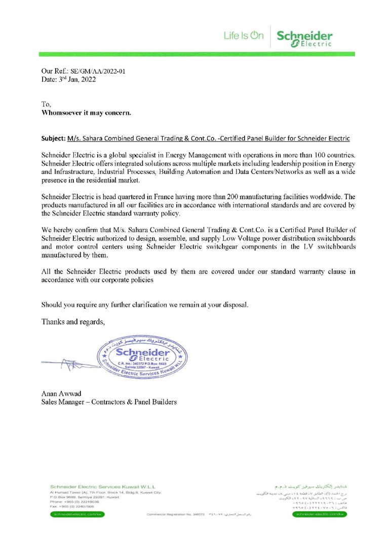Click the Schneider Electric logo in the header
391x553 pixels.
(304, 39)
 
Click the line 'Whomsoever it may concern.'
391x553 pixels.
(86, 113)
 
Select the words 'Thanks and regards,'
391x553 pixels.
(73, 321)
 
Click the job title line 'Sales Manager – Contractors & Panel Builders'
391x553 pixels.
(109, 402)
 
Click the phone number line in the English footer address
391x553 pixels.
(75, 501)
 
